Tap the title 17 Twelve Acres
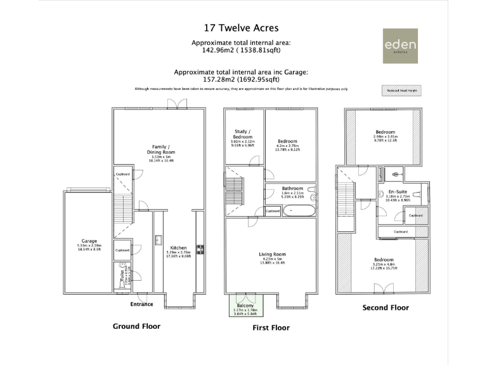240,28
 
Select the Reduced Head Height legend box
403,90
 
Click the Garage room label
89,241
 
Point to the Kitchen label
178,248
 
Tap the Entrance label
141,304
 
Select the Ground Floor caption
136,326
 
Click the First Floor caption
271,328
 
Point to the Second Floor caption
386,308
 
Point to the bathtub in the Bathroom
297,210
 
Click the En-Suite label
397,191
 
